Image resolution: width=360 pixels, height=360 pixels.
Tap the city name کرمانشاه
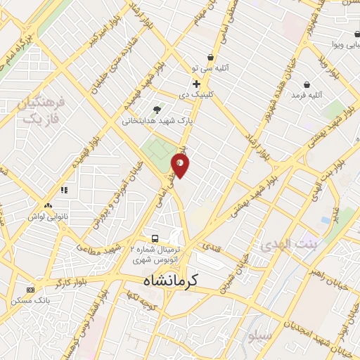164,281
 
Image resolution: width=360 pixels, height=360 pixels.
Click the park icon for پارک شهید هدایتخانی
156,109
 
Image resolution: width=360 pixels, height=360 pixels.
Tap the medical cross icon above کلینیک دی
196,84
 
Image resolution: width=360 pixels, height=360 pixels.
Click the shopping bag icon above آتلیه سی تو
210,58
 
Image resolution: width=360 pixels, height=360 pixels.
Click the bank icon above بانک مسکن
30,290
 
